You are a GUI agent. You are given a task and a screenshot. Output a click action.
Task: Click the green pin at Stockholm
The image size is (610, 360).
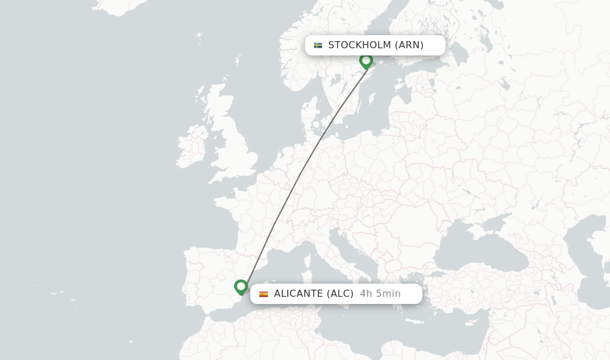[x=366, y=61]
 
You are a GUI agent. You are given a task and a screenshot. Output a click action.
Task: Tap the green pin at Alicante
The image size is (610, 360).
[x=241, y=287]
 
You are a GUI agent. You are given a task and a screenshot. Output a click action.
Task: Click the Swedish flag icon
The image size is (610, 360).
[x=318, y=45]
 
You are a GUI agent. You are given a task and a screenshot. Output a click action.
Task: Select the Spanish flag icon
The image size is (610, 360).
[x=263, y=294]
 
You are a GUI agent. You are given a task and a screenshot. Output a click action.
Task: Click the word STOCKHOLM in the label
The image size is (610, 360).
[x=359, y=45]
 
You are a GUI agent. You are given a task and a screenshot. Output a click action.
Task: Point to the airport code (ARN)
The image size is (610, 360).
[x=409, y=45]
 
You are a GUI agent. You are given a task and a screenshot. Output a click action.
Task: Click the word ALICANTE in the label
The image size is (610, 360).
[x=298, y=294]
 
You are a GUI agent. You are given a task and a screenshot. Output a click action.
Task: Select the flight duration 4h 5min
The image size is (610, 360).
[x=380, y=294]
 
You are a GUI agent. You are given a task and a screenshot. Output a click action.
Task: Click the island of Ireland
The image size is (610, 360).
[x=191, y=147]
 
